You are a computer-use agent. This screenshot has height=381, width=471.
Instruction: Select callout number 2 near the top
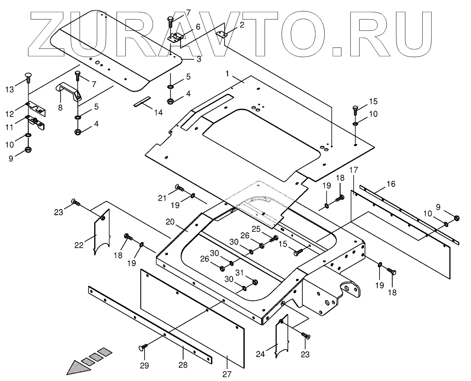(242, 25)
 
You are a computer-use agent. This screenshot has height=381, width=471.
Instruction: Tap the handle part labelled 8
(67, 92)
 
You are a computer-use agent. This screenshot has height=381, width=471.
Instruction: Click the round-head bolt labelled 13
(28, 78)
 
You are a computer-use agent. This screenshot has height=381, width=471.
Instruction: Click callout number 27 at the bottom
(227, 373)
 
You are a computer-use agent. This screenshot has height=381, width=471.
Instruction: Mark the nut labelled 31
(255, 282)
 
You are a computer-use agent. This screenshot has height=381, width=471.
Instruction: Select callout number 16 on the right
(391, 184)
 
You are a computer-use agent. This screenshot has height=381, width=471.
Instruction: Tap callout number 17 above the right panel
(353, 170)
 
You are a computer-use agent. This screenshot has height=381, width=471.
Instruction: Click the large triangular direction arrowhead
(79, 367)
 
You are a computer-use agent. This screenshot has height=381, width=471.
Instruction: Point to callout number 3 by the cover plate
(199, 59)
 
